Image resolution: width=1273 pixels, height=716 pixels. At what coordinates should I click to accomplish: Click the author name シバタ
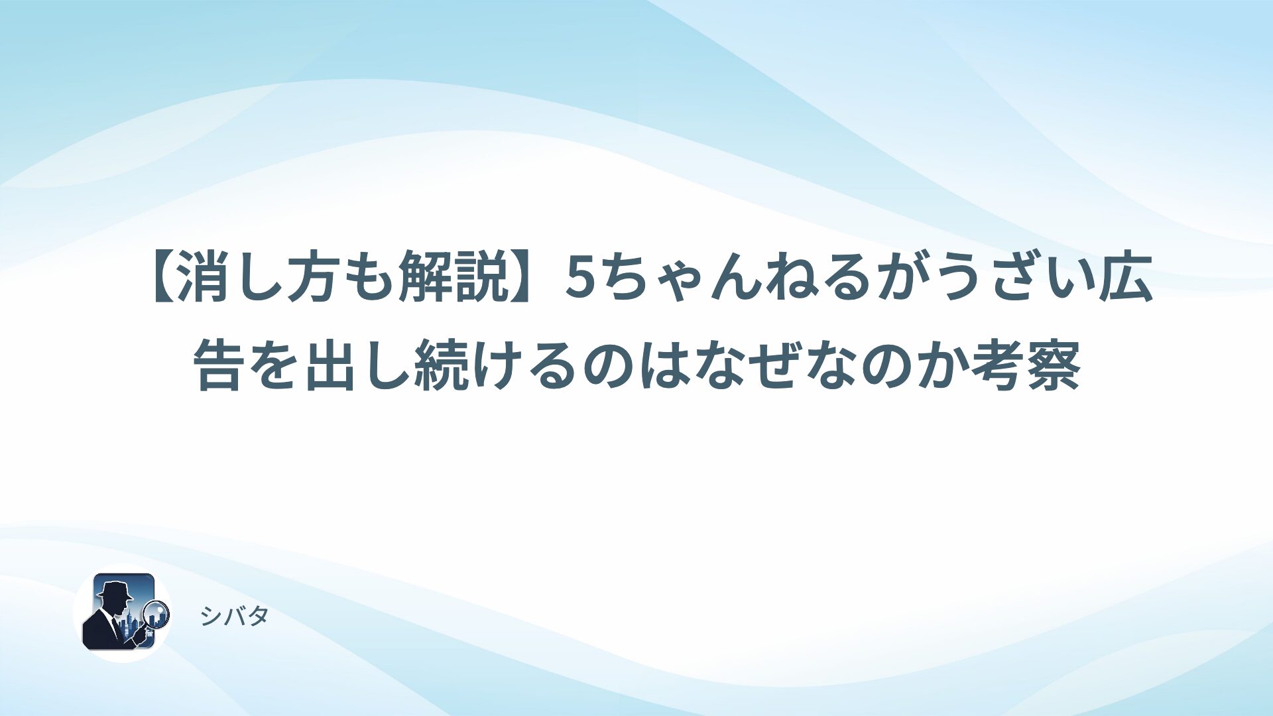tap(234, 617)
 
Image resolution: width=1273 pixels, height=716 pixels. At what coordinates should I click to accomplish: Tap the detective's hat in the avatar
tap(114, 589)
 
